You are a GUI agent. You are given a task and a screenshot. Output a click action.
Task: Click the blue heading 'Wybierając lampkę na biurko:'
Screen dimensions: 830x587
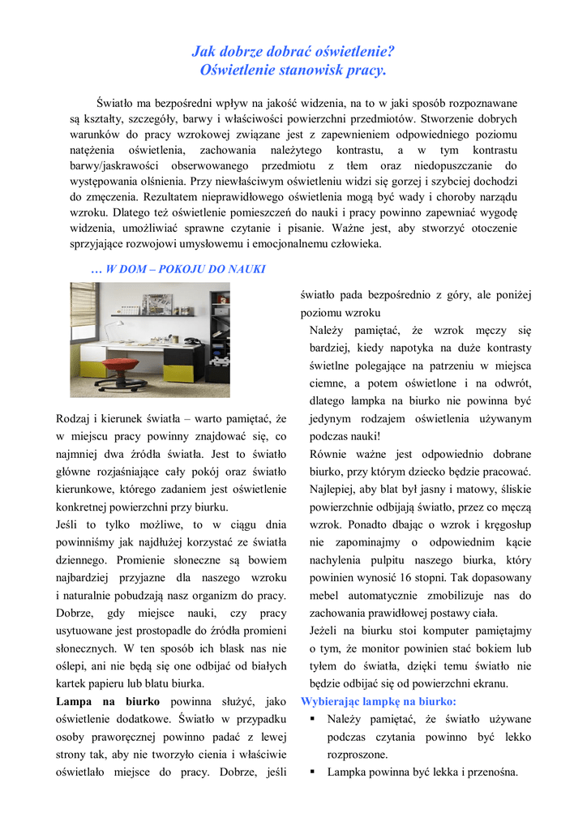(379, 701)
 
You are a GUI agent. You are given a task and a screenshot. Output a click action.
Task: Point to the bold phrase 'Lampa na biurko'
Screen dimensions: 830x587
(107, 701)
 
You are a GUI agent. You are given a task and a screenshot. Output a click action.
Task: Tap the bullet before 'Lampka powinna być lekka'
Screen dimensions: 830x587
(312, 772)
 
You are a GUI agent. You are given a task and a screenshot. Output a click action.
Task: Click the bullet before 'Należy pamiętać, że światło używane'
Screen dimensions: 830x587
(312, 719)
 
